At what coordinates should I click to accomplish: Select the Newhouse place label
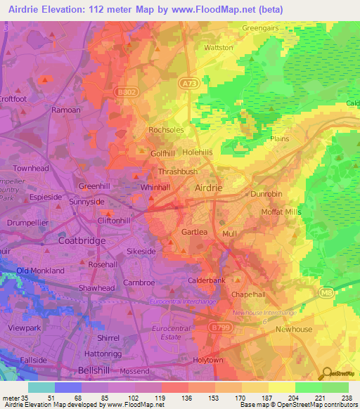(x=293, y=329)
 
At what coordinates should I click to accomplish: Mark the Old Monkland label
(x=40, y=271)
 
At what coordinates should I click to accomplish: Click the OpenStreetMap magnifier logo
(x=326, y=372)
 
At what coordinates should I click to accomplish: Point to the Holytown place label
(x=208, y=360)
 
